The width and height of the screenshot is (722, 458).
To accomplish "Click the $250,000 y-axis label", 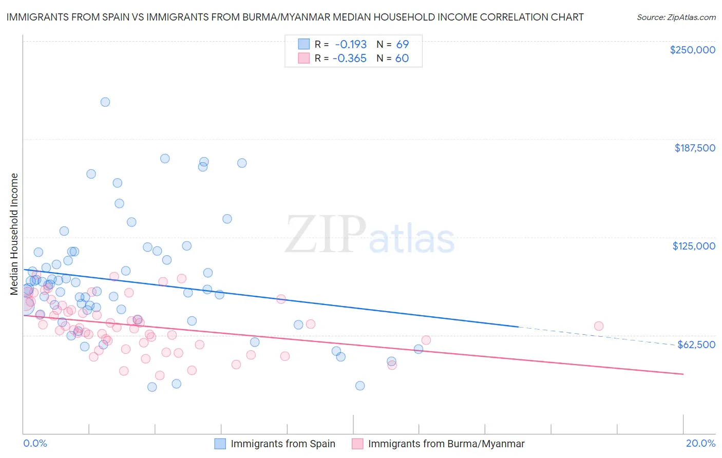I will tap(692, 50).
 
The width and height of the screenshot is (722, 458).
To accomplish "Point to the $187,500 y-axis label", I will tap(694, 148).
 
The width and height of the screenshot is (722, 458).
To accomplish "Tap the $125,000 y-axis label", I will tap(694, 246).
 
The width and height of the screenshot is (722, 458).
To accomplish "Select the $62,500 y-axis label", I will tap(696, 345).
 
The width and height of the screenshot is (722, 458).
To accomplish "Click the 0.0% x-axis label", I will tap(35, 443).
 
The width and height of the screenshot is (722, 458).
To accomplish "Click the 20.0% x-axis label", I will tap(700, 443).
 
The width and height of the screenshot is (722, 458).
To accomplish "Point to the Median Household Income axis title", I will tap(14, 234).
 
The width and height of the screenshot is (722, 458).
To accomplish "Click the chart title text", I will tap(295, 17).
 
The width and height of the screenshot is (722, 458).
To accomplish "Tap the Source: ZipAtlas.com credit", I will tap(676, 17).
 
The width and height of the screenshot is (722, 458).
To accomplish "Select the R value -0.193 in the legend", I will tap(350, 44).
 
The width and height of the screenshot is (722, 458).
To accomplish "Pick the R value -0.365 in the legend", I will tap(350, 58).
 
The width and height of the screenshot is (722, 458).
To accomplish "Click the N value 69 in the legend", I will tap(402, 44).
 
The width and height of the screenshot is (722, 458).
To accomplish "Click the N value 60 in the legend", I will tap(402, 58).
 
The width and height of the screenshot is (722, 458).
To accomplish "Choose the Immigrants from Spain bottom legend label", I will tap(282, 444).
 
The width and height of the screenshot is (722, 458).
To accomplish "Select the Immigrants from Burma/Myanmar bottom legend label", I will tap(446, 444).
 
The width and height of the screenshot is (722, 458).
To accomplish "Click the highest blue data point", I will tap(105, 102).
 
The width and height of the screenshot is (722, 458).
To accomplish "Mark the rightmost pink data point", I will tap(598, 326).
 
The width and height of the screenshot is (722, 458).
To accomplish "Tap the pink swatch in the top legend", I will tap(304, 58).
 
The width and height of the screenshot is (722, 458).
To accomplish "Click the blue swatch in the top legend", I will tap(304, 44).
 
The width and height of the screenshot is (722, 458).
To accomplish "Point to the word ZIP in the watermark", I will tap(325, 235).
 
